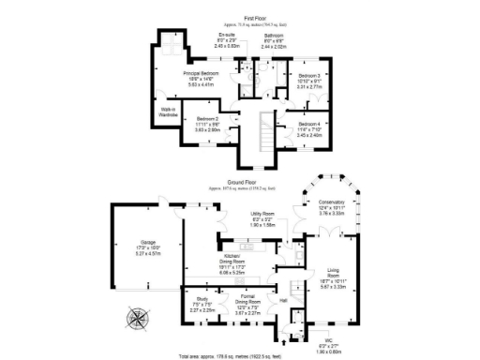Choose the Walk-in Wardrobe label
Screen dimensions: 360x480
pos(170,112)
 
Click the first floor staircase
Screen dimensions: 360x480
pos(264,131)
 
